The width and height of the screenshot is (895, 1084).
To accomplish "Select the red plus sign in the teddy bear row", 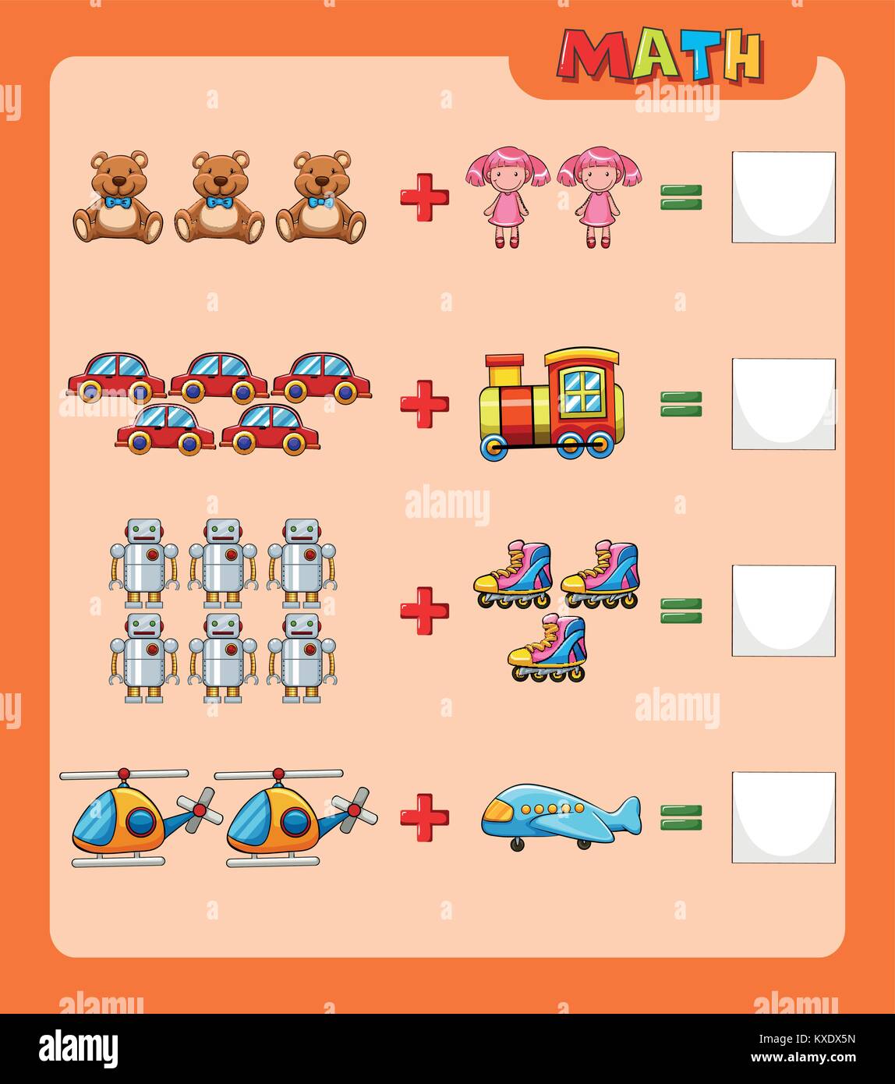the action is point(424,197).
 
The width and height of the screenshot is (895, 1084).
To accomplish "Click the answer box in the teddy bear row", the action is point(784,197).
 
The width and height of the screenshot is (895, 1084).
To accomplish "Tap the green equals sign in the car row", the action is point(681,404).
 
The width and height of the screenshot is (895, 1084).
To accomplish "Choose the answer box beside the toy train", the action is point(784,404).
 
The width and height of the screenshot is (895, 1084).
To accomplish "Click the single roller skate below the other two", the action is point(547,647).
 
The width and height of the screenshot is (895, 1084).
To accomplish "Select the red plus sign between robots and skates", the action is point(424,611).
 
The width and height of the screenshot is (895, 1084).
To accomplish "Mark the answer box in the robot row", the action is point(784,611).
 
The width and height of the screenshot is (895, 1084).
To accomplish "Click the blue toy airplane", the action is point(561,816).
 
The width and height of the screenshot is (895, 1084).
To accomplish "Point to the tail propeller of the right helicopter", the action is point(355,809).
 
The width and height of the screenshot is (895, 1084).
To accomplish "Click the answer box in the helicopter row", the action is point(784,817).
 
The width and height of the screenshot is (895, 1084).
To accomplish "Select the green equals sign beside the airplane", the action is point(681,817).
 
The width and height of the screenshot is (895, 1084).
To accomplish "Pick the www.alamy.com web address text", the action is point(803,1057).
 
